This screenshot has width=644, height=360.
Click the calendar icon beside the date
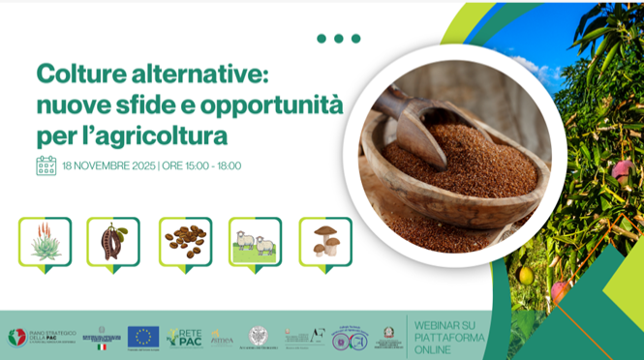click(46, 165)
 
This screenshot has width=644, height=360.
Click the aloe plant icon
click(45, 242)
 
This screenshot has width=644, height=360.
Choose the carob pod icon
click(113, 242)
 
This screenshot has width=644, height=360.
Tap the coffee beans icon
click(184, 242)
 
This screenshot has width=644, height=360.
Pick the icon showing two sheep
click(255, 243)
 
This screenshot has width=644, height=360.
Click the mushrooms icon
click(325, 242)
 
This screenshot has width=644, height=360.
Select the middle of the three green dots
click(339, 39)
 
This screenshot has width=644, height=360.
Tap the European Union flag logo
click(142, 336)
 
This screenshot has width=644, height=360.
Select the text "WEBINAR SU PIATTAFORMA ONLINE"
click(444, 336)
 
